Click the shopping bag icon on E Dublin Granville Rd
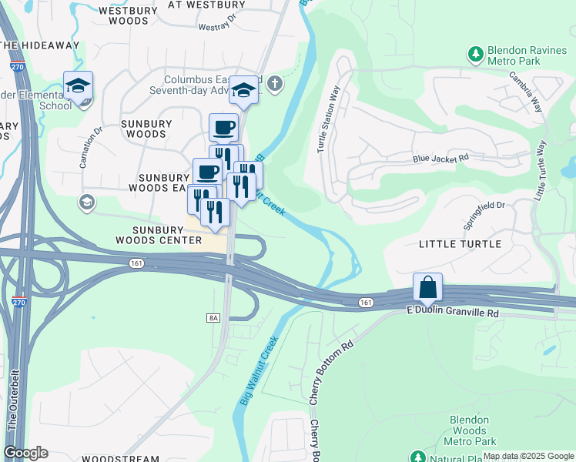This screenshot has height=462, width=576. coord(427,287)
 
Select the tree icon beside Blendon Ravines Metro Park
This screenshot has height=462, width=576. coord(476,54)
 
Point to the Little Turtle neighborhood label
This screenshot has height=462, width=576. coord(460,244)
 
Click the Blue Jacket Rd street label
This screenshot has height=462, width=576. coord(440,158)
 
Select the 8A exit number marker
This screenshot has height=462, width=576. coord(213,317)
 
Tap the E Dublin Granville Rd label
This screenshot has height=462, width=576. coord(452,313)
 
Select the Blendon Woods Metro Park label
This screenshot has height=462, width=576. coord(470,430)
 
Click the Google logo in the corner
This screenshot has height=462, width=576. coord(25,453)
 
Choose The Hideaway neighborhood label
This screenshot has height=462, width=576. coord(40,45)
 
